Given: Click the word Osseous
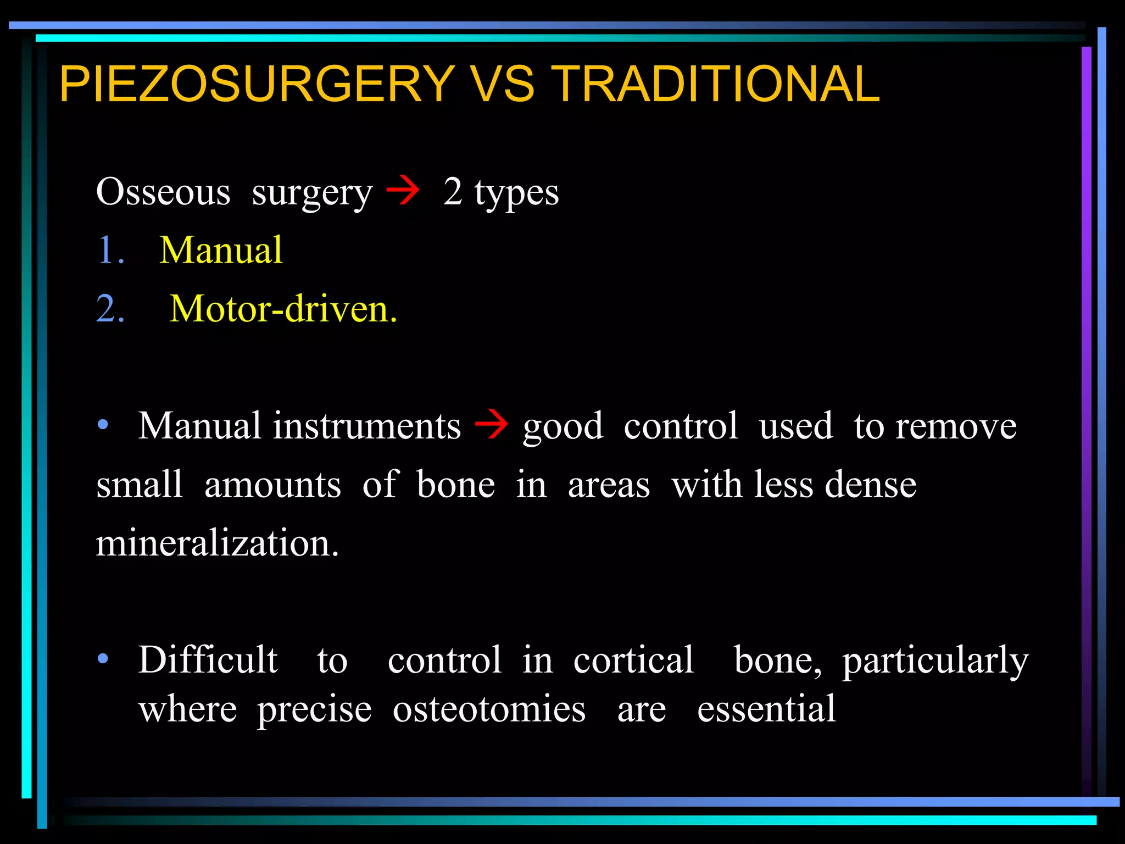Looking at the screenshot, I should pyautogui.click(x=163, y=192).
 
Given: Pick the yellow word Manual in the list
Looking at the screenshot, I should pyautogui.click(x=221, y=251).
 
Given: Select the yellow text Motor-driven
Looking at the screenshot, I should pyautogui.click(x=283, y=309).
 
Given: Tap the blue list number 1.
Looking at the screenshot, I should pyautogui.click(x=109, y=251).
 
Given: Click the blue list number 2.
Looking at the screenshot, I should pyautogui.click(x=110, y=309).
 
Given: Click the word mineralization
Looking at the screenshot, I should pyautogui.click(x=218, y=543).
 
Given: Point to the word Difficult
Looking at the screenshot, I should pyautogui.click(x=208, y=659).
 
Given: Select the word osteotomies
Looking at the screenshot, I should pyautogui.click(x=489, y=709).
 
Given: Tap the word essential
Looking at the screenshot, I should pyautogui.click(x=766, y=709).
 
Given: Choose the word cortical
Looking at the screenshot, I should pyautogui.click(x=633, y=659).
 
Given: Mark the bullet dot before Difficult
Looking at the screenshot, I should pyautogui.click(x=103, y=658).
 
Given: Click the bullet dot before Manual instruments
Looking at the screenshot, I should pyautogui.click(x=103, y=425).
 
